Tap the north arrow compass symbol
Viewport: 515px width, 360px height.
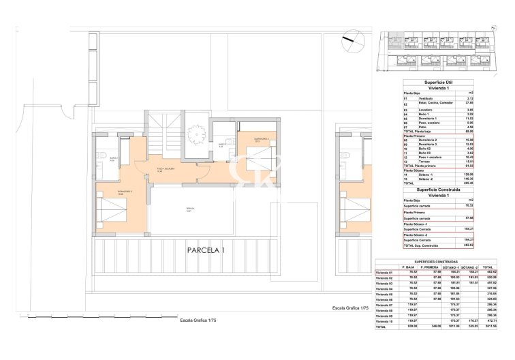click(350, 38)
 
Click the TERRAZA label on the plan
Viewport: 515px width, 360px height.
click(190, 209)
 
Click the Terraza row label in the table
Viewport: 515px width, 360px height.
click(427, 161)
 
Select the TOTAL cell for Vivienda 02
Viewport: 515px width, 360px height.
click(488, 278)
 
